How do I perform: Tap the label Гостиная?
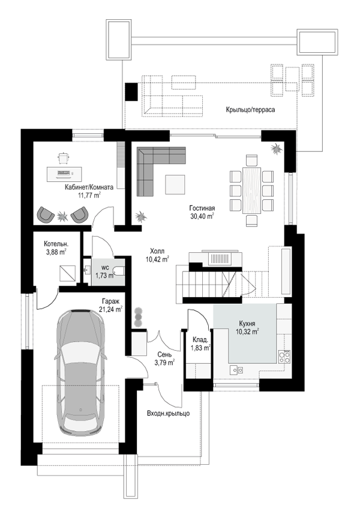[x=202, y=208]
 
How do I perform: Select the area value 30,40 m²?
[x=202, y=216]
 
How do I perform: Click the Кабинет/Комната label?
[x=89, y=187]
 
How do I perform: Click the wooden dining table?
[x=252, y=190]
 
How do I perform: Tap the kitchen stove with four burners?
[x=284, y=357]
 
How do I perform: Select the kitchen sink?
[x=236, y=370]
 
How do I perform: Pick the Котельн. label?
[x=56, y=244]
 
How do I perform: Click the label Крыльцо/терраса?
[x=250, y=109]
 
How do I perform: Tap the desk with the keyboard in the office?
[x=64, y=173]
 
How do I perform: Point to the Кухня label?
[x=247, y=324]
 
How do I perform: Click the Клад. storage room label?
[x=200, y=340]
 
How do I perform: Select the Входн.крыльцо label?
[x=169, y=413]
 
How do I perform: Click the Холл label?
[x=157, y=251]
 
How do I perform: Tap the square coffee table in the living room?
[x=175, y=185]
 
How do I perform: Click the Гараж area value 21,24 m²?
[x=110, y=309]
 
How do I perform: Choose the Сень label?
[x=164, y=355]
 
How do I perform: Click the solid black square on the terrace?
[x=132, y=91]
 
